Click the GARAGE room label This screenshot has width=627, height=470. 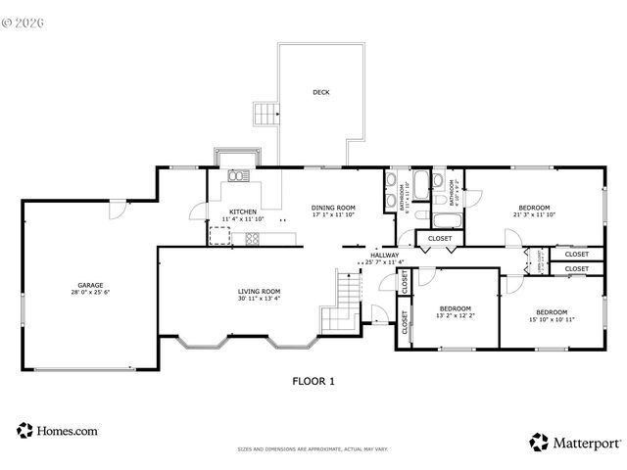tap(89, 285)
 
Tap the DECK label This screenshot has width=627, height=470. tap(320, 93)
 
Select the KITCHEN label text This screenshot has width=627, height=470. tap(243, 211)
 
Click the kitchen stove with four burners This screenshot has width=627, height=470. tap(252, 236)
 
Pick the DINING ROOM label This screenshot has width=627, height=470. tap(333, 207)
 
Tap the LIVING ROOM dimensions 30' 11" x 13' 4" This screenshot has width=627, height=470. tap(259, 298)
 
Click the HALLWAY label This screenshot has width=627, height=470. tap(384, 256)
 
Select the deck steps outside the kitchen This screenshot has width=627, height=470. tap(265, 114)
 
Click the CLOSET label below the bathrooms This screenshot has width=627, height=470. tap(440, 238)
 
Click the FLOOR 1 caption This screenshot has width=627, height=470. tap(313, 381)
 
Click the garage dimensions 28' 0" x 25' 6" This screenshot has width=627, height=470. tap(89, 292)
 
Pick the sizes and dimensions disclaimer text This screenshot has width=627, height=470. tap(313, 449)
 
